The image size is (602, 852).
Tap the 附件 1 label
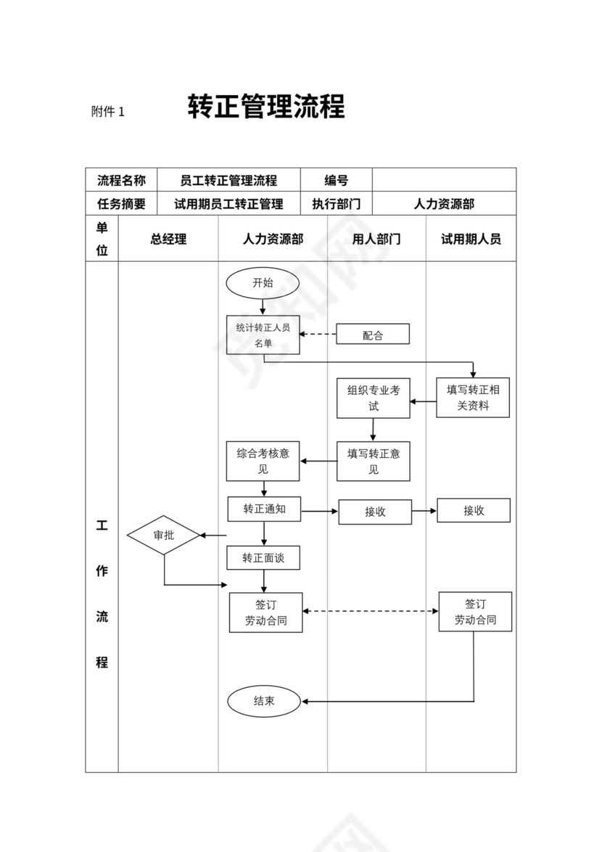point(108,112)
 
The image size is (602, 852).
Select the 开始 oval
point(263,283)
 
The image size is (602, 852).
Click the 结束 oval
point(264,701)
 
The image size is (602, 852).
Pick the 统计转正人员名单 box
point(263,335)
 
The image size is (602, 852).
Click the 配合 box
point(373,335)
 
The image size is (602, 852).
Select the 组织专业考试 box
point(373,398)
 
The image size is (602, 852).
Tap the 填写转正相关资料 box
point(473,397)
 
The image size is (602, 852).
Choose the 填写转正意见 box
point(373,461)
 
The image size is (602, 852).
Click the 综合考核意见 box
point(263,461)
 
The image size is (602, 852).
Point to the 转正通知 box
point(264,509)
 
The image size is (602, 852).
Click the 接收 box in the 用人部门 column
point(375,512)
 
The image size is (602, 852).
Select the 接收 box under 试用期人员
point(474,510)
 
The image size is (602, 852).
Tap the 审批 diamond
point(163,536)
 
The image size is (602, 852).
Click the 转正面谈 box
point(263,557)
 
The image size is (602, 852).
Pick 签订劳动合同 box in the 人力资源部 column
point(265,612)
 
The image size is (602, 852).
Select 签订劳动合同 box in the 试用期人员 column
point(475,611)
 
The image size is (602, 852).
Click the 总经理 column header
point(168,239)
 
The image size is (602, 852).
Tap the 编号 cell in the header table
point(336,180)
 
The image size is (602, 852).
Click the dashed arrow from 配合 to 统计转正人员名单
point(318,335)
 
